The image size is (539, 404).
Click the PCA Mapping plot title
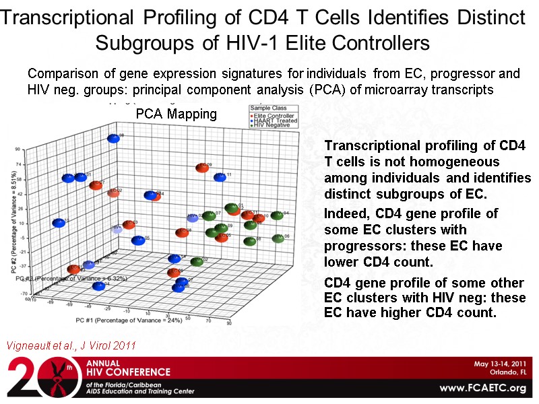point(177,114)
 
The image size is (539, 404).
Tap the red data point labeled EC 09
point(200,168)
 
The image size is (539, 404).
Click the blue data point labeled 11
point(219,177)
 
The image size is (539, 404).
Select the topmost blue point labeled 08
point(113,138)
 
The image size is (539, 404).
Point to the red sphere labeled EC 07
point(95,185)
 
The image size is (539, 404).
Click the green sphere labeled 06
point(277,238)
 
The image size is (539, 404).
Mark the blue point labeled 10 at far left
point(57,223)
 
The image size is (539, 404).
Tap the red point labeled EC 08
point(181,233)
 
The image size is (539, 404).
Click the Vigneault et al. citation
point(71,345)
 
